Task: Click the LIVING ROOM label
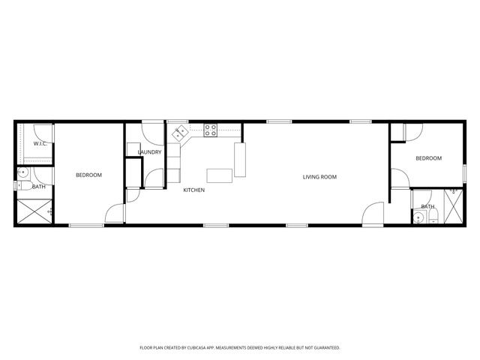point(319,177)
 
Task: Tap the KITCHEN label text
point(193,190)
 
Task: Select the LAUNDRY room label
point(149,152)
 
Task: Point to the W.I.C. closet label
point(40,143)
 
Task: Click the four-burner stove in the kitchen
point(211,130)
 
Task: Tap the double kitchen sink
point(180,133)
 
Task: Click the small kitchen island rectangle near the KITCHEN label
point(219,175)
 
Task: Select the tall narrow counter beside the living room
point(240,160)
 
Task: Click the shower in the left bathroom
point(34,211)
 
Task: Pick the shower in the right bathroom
point(453,207)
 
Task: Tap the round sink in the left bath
point(22,173)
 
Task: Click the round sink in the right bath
point(418,218)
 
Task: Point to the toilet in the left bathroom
point(23,185)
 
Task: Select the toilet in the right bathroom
point(433,217)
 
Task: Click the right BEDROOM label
point(428,158)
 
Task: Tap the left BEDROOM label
point(88,175)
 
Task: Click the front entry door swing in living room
point(373,214)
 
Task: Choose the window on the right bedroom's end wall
point(465,174)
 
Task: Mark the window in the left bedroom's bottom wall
point(86,226)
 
